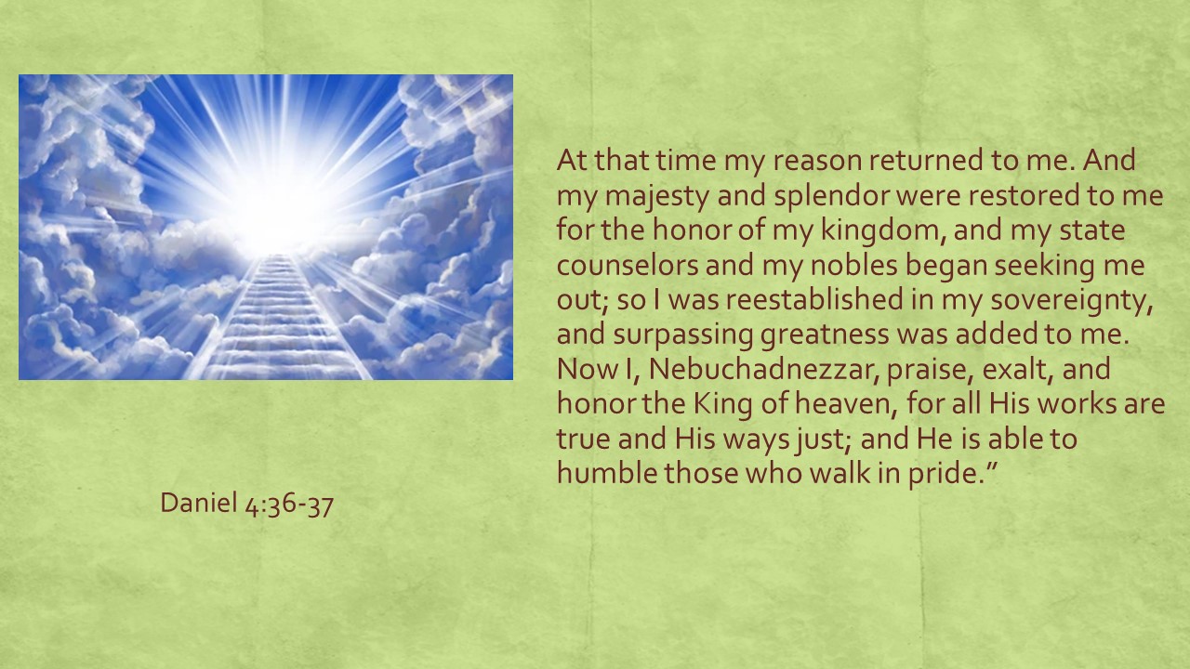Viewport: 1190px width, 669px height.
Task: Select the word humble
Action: coord(607,473)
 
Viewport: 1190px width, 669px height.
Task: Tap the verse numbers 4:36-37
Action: coord(289,504)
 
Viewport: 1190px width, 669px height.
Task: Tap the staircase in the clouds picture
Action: coord(276,318)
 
